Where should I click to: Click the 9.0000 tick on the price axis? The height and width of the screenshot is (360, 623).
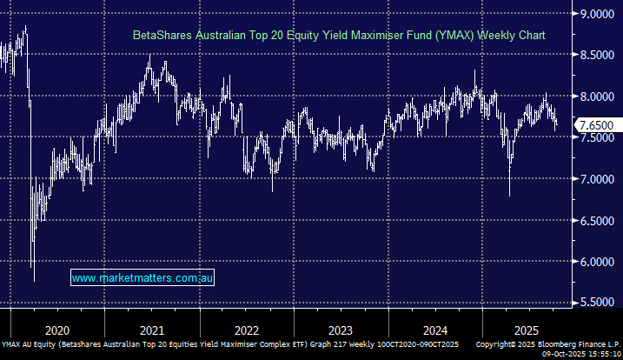pyautogui.click(x=599, y=14)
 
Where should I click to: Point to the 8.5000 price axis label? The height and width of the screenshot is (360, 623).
pyautogui.click(x=599, y=55)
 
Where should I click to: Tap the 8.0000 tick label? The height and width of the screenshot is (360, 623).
pyautogui.click(x=599, y=97)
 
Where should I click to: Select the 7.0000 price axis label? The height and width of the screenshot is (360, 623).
pyautogui.click(x=599, y=179)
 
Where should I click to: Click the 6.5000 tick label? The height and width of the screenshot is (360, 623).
pyautogui.click(x=599, y=221)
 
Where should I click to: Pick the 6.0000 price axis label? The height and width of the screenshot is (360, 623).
pyautogui.click(x=599, y=262)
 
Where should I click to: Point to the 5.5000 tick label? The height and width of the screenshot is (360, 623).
pyautogui.click(x=599, y=303)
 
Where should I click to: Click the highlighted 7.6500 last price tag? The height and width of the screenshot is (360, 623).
pyautogui.click(x=599, y=126)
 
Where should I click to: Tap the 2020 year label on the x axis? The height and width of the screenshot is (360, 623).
pyautogui.click(x=56, y=330)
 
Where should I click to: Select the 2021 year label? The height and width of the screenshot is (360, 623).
pyautogui.click(x=151, y=330)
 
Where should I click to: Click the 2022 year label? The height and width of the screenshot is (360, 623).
pyautogui.click(x=246, y=330)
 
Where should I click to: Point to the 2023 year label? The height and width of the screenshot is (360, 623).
pyautogui.click(x=341, y=330)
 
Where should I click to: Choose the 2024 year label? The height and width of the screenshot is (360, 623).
pyautogui.click(x=435, y=330)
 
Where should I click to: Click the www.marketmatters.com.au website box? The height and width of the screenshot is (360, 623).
pyautogui.click(x=142, y=278)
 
